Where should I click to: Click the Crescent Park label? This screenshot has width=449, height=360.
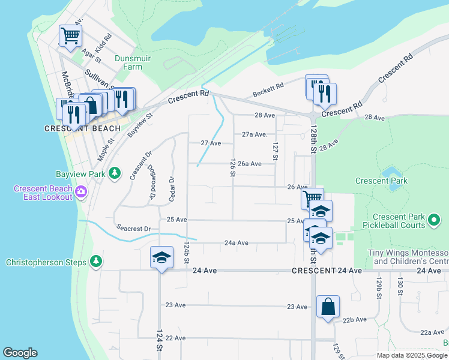[381, 181]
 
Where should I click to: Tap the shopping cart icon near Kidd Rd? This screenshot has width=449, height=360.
[70, 36]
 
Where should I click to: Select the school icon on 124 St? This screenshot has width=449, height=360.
[161, 257]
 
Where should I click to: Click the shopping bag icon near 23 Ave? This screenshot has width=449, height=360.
[328, 307]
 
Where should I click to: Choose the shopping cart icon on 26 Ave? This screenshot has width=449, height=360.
[312, 198]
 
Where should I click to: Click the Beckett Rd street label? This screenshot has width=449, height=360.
[268, 90]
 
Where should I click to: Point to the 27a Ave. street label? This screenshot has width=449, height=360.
[254, 134]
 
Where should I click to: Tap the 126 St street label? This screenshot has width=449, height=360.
[232, 167]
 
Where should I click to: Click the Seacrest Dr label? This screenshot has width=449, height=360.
[134, 228]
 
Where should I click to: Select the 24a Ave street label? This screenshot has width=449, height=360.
[236, 243]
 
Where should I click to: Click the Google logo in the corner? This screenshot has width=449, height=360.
[20, 353]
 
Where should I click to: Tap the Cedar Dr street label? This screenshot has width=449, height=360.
[172, 188]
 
